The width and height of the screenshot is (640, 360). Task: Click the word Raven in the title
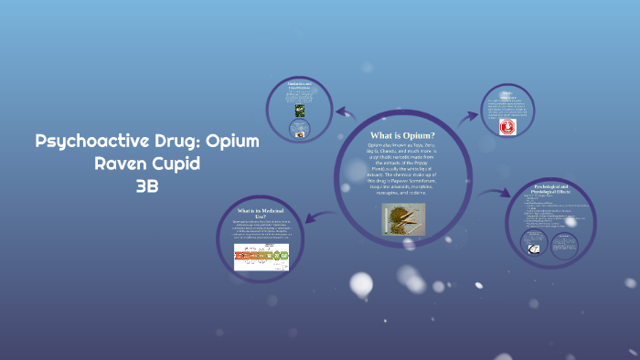pos(123,164)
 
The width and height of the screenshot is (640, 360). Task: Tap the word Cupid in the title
pos(177,164)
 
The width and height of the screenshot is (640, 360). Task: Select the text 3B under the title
pos(147,186)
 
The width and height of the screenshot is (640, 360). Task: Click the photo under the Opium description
pos(403,219)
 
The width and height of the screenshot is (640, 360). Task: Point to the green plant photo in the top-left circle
pos(300,111)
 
